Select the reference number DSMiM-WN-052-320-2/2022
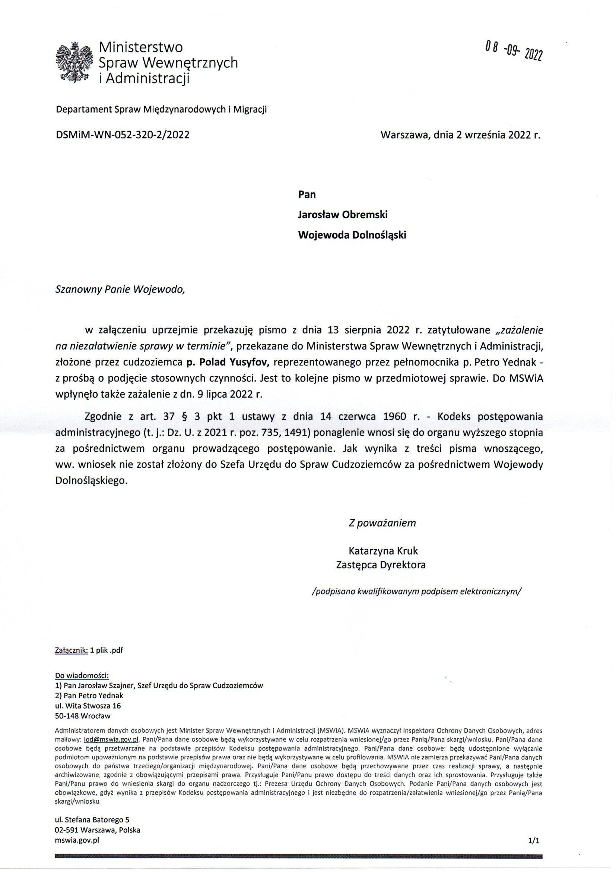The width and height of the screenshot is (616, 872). (123, 134)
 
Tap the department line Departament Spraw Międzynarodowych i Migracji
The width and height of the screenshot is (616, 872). (161, 110)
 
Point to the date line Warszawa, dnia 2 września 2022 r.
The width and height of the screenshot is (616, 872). (460, 134)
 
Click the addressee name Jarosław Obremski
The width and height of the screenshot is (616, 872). (343, 214)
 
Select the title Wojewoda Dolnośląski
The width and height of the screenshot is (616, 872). (352, 235)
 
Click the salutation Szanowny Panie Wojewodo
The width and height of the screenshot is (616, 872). (120, 290)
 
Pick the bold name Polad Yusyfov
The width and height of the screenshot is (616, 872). (228, 362)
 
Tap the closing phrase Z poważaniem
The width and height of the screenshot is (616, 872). (382, 523)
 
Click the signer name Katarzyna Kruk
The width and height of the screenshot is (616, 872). (383, 551)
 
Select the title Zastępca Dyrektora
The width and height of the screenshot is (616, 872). (381, 565)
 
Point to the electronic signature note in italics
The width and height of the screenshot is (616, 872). (416, 591)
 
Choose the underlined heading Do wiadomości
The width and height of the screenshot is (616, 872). (82, 676)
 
